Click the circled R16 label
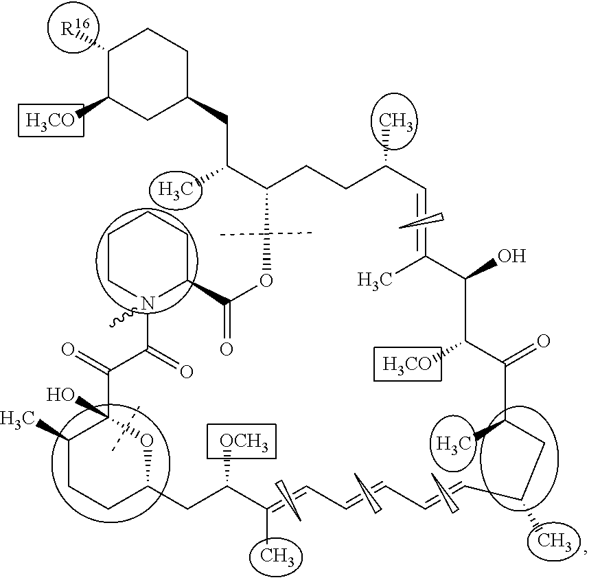tap(75, 28)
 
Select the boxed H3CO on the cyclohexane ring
tap(51, 120)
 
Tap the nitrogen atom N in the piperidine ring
tap(148, 303)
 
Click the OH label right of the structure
tap(511, 256)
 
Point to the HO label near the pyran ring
tap(60, 395)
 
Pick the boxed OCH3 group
tap(242, 441)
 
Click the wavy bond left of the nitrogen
tap(123, 317)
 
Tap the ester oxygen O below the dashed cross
tap(266, 280)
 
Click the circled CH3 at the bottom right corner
tap(555, 542)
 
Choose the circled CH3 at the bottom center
tap(277, 555)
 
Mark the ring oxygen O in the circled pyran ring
tap(146, 439)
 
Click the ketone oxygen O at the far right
tap(542, 341)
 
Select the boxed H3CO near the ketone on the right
tap(407, 364)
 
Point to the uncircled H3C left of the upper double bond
tap(375, 279)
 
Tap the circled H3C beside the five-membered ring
tap(454, 443)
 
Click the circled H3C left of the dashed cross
tap(176, 189)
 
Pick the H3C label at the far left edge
tap(17, 419)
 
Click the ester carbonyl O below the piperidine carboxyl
tap(226, 349)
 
